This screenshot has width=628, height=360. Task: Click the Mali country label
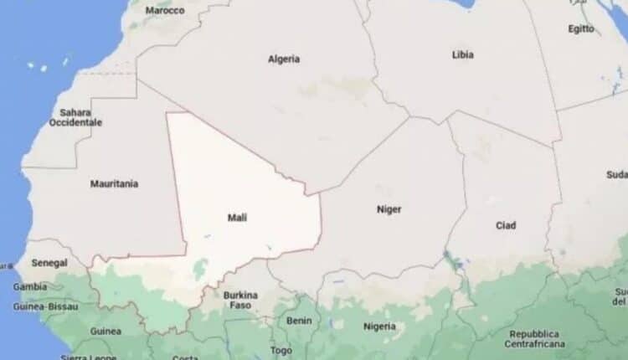pyautogui.click(x=238, y=218)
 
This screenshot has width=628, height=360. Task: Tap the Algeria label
pyautogui.click(x=284, y=59)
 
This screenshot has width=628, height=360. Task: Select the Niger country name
pyautogui.click(x=389, y=209)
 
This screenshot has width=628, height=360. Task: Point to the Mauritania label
pyautogui.click(x=114, y=183)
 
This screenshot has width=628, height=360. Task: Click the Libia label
pyautogui.click(x=462, y=55)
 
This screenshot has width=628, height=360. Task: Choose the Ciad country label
pyautogui.click(x=506, y=225)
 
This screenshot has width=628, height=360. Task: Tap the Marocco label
pyautogui.click(x=164, y=11)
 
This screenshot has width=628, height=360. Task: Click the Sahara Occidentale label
pyautogui.click(x=75, y=117)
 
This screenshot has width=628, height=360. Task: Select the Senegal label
pyautogui.click(x=49, y=263)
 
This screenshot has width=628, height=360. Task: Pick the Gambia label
pyautogui.click(x=31, y=286)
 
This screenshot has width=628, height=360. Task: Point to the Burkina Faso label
pyautogui.click(x=240, y=301)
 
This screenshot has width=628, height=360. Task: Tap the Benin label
pyautogui.click(x=298, y=321)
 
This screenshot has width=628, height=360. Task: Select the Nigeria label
pyautogui.click(x=379, y=326)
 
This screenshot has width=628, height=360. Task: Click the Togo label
pyautogui.click(x=281, y=350)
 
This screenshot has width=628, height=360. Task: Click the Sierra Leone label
pyautogui.click(x=87, y=357)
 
